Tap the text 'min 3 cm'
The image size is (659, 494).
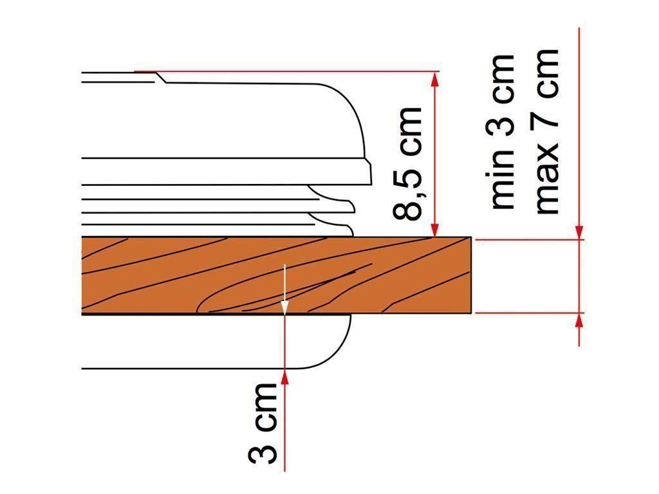click(x=503, y=131)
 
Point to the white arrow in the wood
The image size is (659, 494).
click(x=284, y=287)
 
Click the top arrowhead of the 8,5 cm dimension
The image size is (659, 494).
click(x=436, y=79)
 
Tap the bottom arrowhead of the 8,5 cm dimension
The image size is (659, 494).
click(x=436, y=229)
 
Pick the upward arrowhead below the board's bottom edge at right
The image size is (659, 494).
click(x=579, y=321)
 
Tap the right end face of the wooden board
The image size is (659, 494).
click(x=470, y=275)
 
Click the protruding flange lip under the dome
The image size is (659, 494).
click(x=360, y=170)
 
